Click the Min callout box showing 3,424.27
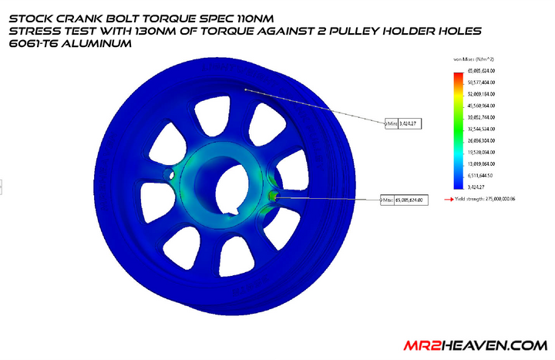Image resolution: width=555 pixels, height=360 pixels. (x=404, y=122)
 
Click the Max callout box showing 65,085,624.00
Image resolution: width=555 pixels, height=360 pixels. (x=405, y=200)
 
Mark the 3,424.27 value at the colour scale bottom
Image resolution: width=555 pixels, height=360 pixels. (x=480, y=186)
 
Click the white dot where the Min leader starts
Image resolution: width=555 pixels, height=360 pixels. (x=246, y=89)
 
